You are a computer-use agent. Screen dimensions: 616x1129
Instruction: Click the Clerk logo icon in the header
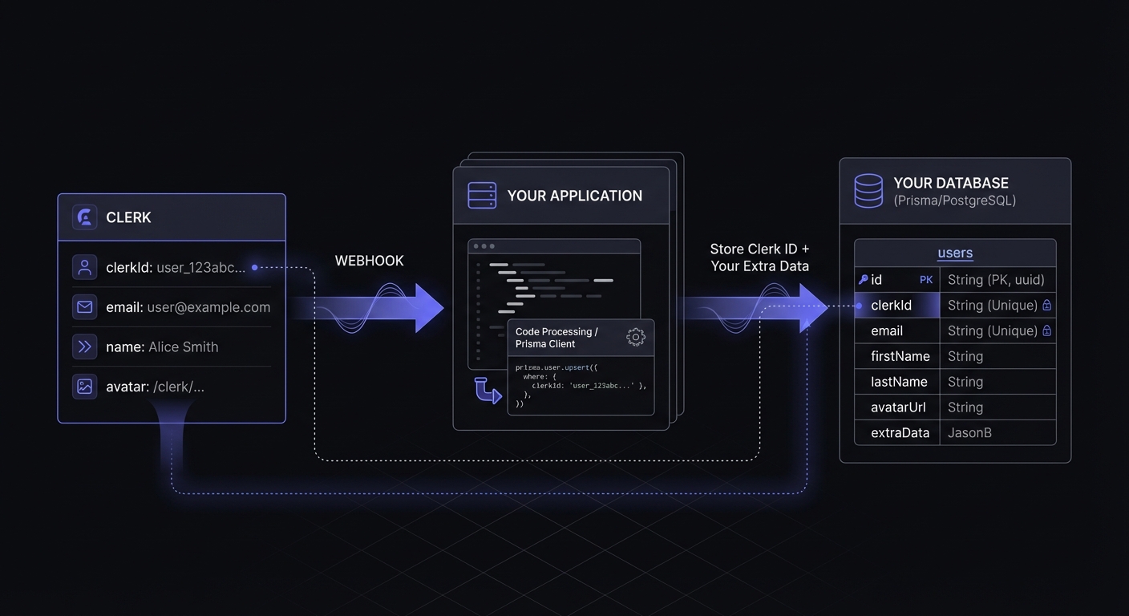pyautogui.click(x=84, y=217)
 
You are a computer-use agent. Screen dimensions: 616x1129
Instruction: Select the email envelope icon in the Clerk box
pyautogui.click(x=84, y=307)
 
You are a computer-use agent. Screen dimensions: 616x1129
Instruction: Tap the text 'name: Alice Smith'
pyautogui.click(x=162, y=347)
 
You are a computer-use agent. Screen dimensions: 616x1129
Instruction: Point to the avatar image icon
pyautogui.click(x=84, y=387)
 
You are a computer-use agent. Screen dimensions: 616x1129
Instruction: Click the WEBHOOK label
pyautogui.click(x=369, y=261)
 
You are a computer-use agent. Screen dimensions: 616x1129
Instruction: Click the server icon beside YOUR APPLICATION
pyautogui.click(x=482, y=196)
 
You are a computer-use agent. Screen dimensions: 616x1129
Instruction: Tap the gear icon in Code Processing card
pyautogui.click(x=635, y=337)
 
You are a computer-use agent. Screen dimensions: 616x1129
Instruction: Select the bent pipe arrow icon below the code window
pyautogui.click(x=487, y=390)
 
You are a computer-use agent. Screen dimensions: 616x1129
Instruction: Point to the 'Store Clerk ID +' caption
pyautogui.click(x=759, y=249)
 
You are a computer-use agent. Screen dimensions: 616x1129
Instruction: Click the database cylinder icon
pyautogui.click(x=868, y=191)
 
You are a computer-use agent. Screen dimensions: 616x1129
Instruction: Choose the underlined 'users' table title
pyautogui.click(x=955, y=253)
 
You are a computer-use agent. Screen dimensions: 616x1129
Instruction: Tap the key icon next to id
pyautogui.click(x=863, y=280)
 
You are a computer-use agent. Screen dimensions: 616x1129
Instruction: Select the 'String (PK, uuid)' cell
pyautogui.click(x=996, y=280)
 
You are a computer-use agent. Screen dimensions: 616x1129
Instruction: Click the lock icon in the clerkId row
pyautogui.click(x=1046, y=306)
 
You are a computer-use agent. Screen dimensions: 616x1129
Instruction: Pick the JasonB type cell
pyautogui.click(x=969, y=433)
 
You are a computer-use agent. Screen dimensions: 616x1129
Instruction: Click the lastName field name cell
pyautogui.click(x=898, y=382)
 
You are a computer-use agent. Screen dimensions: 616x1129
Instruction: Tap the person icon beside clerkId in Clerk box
pyautogui.click(x=84, y=267)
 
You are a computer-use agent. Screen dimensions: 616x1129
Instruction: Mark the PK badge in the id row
pyautogui.click(x=926, y=280)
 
